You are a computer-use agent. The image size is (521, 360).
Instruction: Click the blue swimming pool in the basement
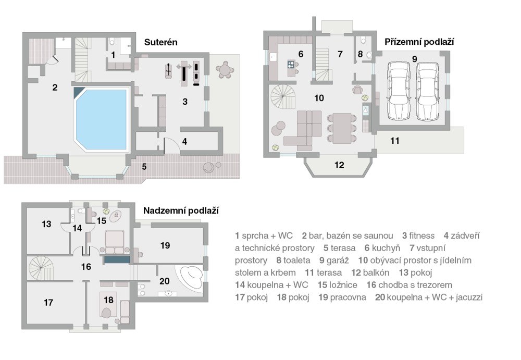click(x=102, y=119)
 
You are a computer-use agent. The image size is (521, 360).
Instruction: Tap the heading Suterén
click(x=161, y=43)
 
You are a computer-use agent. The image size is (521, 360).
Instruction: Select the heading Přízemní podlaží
click(x=419, y=42)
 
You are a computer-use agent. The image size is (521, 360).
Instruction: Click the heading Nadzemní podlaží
click(x=181, y=211)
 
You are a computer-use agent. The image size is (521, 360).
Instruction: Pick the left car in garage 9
click(x=399, y=91)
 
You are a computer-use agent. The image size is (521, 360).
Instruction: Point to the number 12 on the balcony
click(x=339, y=165)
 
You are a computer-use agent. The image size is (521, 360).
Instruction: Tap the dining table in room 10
click(x=342, y=128)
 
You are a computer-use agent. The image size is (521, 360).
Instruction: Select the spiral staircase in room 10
click(x=283, y=97)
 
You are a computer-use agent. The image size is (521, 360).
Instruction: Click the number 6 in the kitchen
click(x=301, y=54)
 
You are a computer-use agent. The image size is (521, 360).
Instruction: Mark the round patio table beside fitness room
click(x=225, y=70)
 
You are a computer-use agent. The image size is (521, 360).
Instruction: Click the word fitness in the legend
click(x=421, y=235)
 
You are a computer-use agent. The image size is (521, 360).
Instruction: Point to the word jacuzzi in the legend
click(x=469, y=297)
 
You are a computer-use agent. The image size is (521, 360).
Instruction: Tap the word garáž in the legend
click(x=338, y=260)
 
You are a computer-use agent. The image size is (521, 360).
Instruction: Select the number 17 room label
click(x=48, y=303)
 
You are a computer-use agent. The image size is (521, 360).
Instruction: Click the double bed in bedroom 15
click(x=115, y=242)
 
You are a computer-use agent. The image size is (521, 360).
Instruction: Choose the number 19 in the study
click(x=165, y=246)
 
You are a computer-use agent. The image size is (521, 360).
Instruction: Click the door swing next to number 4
click(x=171, y=145)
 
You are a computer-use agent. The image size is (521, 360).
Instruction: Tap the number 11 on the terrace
click(x=395, y=141)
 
